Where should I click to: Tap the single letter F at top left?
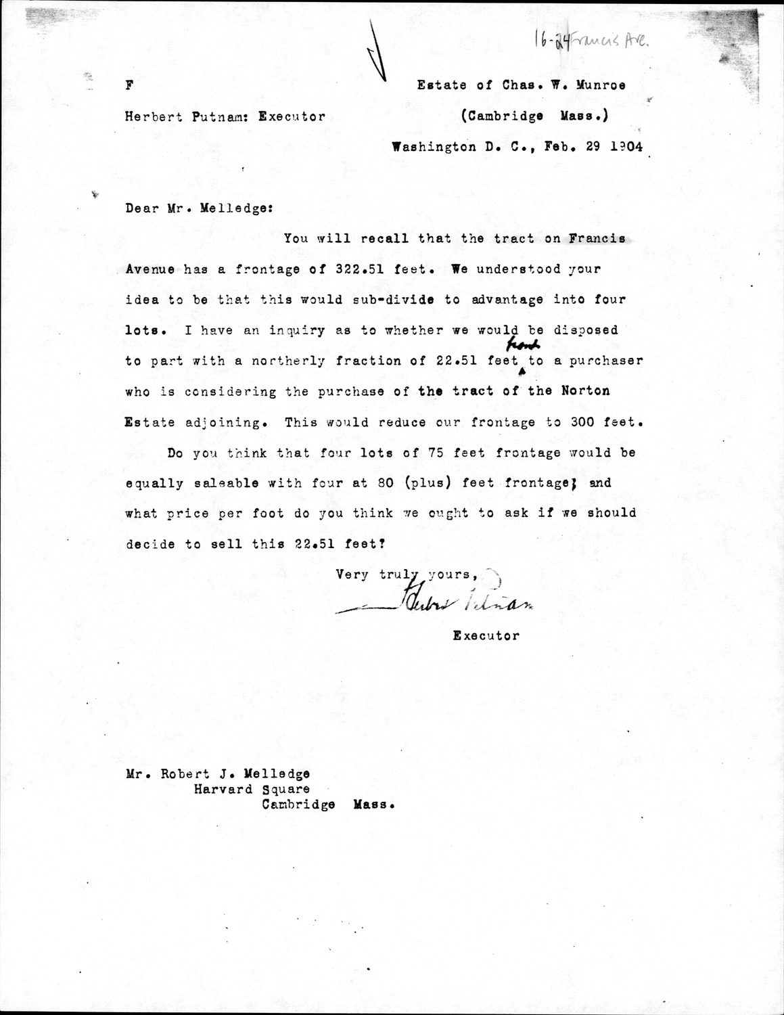pyautogui.click(x=129, y=85)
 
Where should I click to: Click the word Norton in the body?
pyautogui.click(x=586, y=391)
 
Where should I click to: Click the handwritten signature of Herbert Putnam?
pyautogui.click(x=440, y=604)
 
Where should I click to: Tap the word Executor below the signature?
pyautogui.click(x=486, y=635)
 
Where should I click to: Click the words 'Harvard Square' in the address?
pyautogui.click(x=252, y=789)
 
